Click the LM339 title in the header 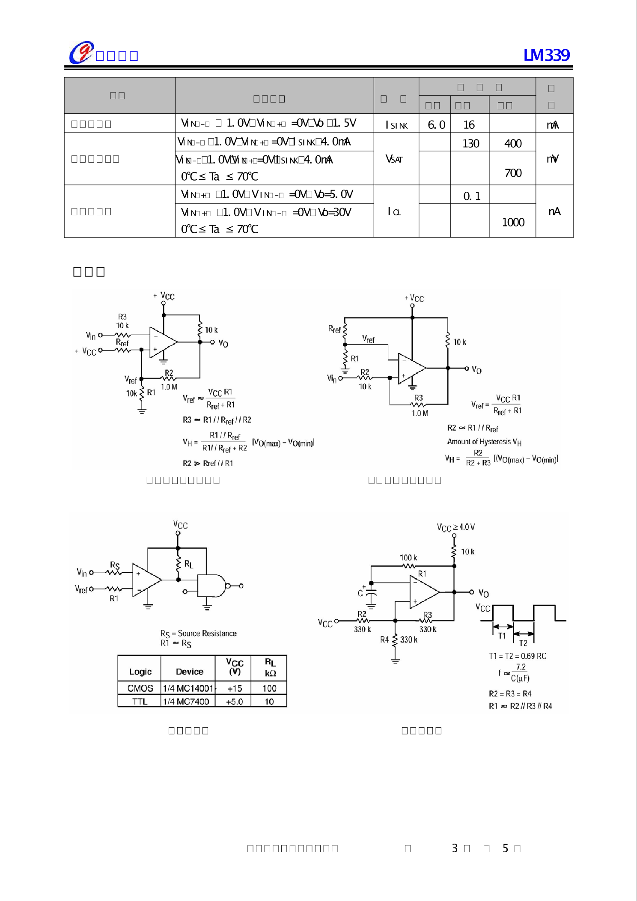[x=547, y=55]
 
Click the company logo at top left [x=81, y=53]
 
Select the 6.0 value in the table [x=436, y=125]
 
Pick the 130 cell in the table [x=470, y=143]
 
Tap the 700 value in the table [x=513, y=173]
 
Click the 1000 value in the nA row [x=513, y=222]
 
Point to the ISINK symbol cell [x=396, y=125]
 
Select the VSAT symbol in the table [x=394, y=159]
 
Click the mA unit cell [x=553, y=125]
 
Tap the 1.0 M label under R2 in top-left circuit [x=169, y=387]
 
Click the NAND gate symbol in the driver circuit [x=211, y=586]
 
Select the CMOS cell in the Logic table [x=140, y=688]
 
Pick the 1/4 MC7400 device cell [x=186, y=702]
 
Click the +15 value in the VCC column [x=234, y=688]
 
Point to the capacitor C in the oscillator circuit [x=371, y=594]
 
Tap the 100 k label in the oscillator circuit [x=408, y=558]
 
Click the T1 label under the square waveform [x=502, y=636]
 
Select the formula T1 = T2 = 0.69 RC [x=518, y=656]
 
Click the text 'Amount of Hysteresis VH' [x=484, y=442]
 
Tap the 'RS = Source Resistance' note [x=198, y=633]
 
